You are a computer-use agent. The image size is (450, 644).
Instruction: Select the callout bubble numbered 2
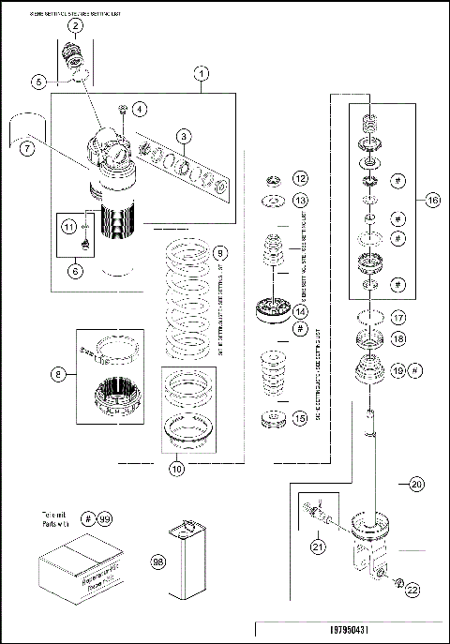click(x=75, y=27)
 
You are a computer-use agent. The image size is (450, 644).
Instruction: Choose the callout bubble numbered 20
click(x=415, y=484)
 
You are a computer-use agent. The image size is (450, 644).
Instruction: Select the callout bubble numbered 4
click(x=139, y=109)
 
